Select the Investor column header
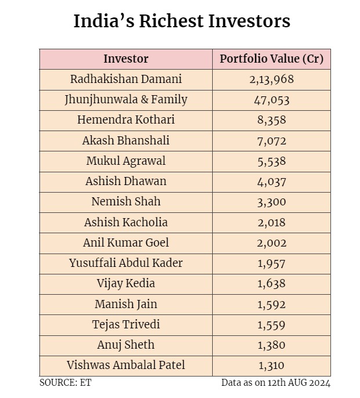tap(126, 59)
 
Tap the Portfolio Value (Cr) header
tap(271, 59)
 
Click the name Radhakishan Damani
tap(126, 79)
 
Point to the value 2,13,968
tap(271, 79)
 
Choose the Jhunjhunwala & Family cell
tap(126, 99)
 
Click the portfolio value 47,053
tap(271, 100)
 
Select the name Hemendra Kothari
tap(126, 120)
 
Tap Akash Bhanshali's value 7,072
tap(271, 140)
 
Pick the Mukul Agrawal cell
tap(126, 161)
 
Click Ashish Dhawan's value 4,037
tap(271, 182)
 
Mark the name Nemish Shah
tap(126, 201)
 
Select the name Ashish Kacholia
tap(126, 222)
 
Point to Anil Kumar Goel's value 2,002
tap(271, 243)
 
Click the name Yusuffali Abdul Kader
tap(126, 263)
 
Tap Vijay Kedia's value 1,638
tap(271, 284)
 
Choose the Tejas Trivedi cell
tap(126, 324)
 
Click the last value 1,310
tap(271, 366)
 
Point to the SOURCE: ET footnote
tap(65, 383)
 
